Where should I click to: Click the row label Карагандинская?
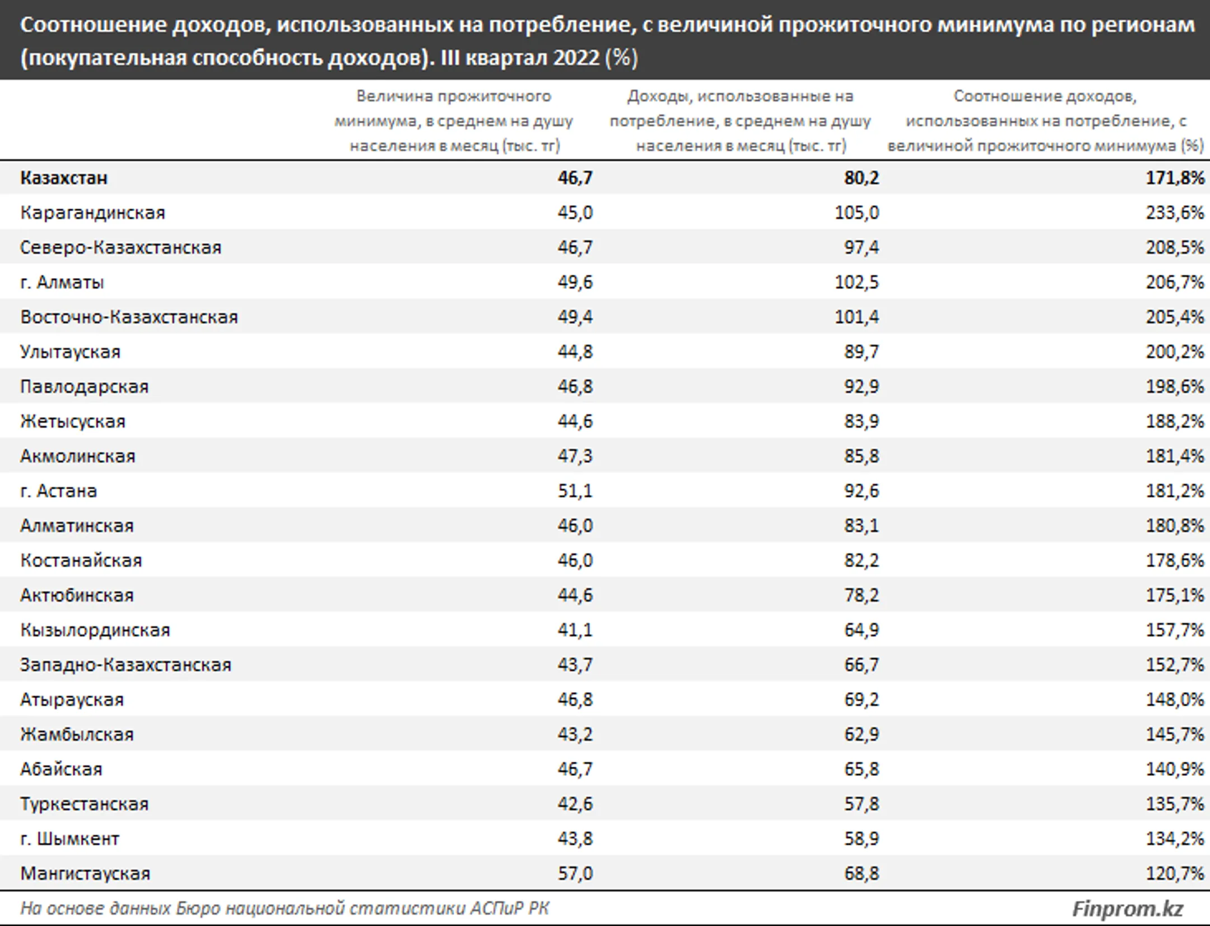tap(92, 213)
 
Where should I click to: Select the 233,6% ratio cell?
tap(1174, 213)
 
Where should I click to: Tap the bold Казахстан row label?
tap(64, 178)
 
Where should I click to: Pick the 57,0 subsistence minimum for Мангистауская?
tap(575, 873)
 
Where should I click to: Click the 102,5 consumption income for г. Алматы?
tap(857, 283)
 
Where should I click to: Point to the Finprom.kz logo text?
tap(1127, 909)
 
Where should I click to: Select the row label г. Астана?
tap(58, 491)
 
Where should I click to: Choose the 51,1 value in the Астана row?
tap(575, 491)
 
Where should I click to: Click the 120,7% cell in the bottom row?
tap(1174, 873)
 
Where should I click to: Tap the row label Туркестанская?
tap(84, 804)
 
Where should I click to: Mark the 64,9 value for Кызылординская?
tap(862, 630)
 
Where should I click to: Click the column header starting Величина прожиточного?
tap(454, 121)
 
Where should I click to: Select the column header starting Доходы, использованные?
tap(741, 121)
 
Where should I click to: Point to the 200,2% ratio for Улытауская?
tap(1174, 352)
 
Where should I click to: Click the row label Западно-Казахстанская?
tap(125, 665)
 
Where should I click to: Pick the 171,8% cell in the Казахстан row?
tap(1174, 178)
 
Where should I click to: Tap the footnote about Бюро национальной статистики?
tap(285, 908)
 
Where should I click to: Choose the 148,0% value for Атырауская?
tap(1174, 700)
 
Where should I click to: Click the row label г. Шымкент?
tap(69, 839)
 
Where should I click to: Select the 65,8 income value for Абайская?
tap(862, 769)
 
